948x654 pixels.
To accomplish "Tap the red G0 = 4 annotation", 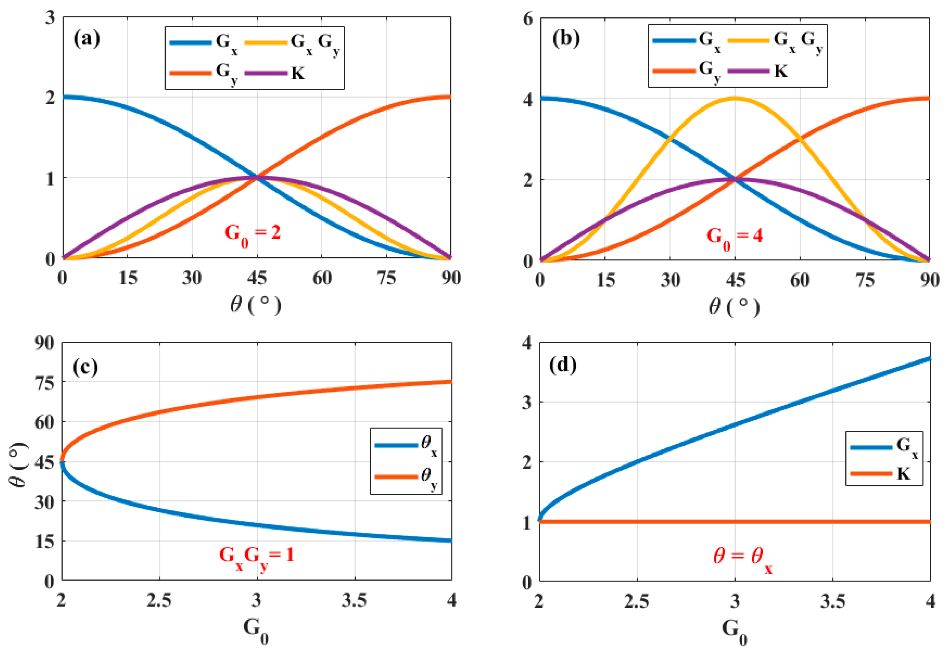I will click(734, 237).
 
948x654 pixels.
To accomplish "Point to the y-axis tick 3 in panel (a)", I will click(50, 17).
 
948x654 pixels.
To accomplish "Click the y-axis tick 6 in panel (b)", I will click(528, 19).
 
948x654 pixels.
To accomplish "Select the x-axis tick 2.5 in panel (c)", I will click(159, 601).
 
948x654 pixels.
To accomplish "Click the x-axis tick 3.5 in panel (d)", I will click(832, 601).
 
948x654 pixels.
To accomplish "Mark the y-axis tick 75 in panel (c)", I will click(45, 383).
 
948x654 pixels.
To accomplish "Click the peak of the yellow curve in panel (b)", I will click(735, 98).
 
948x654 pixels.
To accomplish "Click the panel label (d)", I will click(563, 365).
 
